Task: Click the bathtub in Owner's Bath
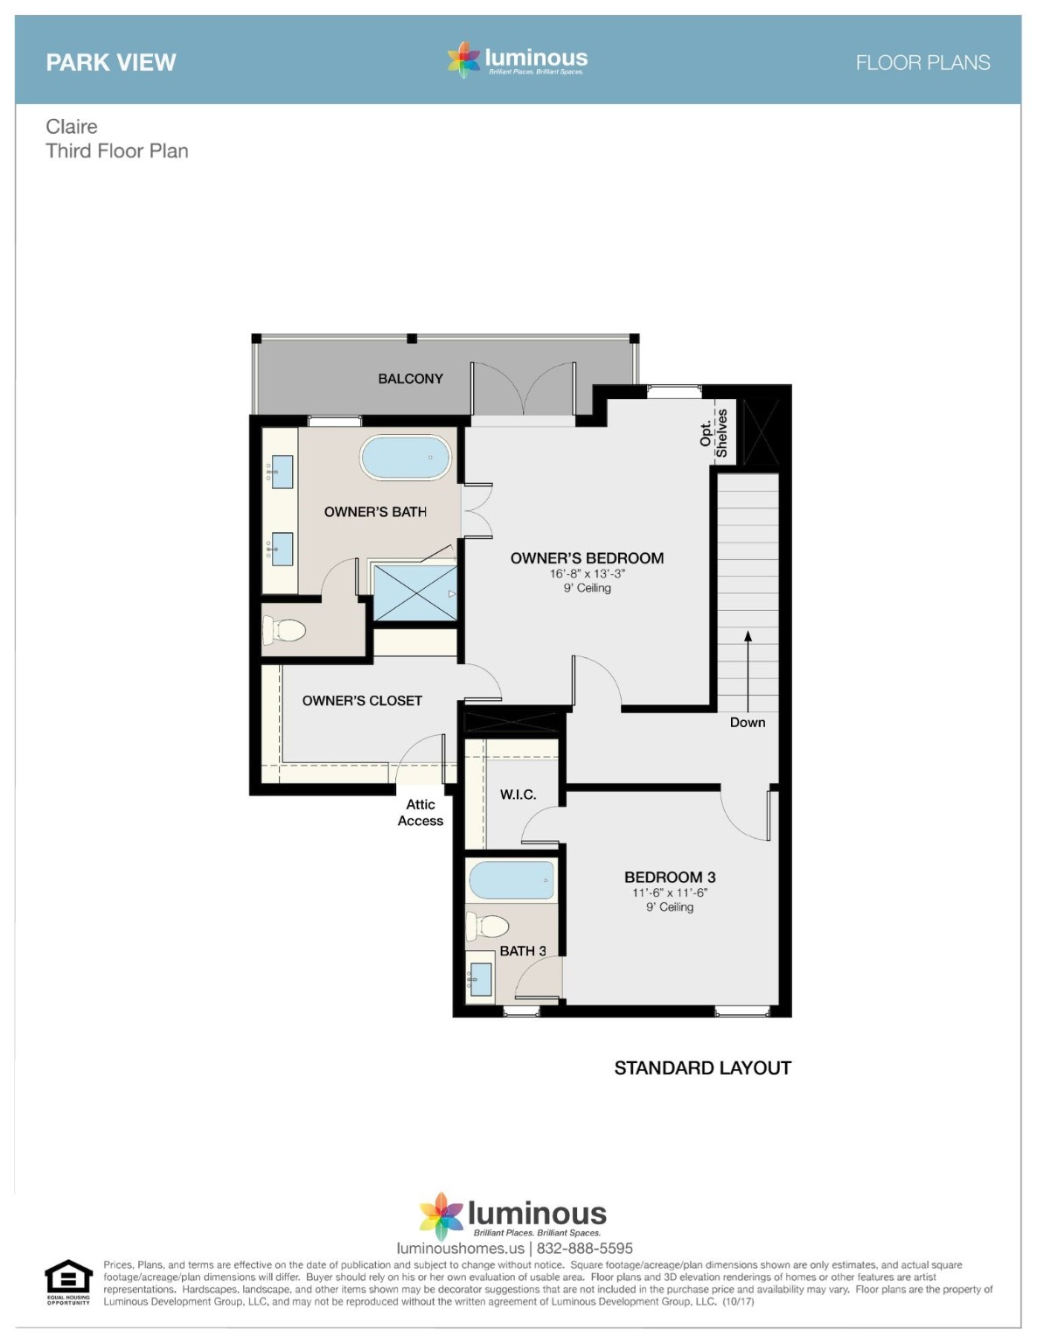tap(406, 458)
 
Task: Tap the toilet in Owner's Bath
tap(285, 629)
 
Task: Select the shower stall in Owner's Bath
tap(415, 593)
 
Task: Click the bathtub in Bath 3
tap(511, 880)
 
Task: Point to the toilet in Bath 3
tap(489, 926)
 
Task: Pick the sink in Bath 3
tap(480, 977)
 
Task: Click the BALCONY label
tap(410, 379)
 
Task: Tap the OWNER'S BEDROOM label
tap(587, 558)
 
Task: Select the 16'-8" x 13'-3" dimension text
tap(587, 574)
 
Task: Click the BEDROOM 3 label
tap(670, 877)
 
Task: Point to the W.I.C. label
tap(518, 794)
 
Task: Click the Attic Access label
tap(421, 813)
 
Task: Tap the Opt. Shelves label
tap(713, 433)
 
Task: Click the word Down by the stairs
tap(748, 723)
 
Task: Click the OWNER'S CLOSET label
tap(362, 701)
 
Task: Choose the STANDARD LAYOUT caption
tap(702, 1068)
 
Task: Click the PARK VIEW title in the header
tap(111, 63)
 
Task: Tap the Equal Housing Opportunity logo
tap(68, 1282)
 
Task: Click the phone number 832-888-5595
tap(585, 1249)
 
